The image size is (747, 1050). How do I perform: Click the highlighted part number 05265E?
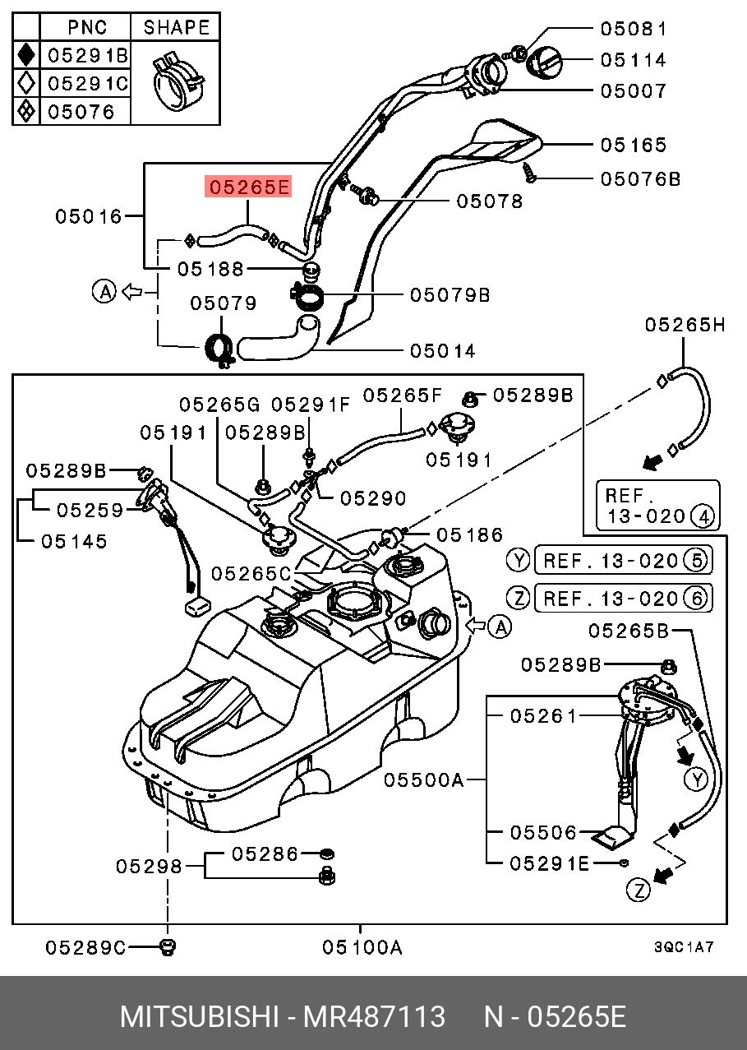[x=248, y=187]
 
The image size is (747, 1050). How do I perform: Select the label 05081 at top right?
[x=633, y=29]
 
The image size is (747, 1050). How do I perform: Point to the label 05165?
[x=633, y=146]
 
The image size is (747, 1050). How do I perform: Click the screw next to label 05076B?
[x=530, y=173]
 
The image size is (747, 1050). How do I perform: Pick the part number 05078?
[x=490, y=201]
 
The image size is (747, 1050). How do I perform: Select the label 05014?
[x=442, y=351]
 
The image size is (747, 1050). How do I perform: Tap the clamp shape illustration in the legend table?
[x=175, y=81]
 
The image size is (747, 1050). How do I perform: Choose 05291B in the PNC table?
[x=87, y=56]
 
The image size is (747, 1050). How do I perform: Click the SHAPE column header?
[x=176, y=27]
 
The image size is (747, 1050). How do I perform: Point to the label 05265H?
[x=685, y=325]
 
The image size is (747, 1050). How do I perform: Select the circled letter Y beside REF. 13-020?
[x=517, y=561]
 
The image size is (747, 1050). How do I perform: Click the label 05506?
[x=543, y=833]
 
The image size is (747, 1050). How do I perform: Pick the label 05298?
[x=148, y=866]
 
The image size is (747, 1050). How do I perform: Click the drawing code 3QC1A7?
[x=684, y=947]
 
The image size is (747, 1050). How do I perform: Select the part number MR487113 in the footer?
[x=374, y=1016]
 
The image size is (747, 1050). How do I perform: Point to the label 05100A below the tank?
[x=362, y=947]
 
